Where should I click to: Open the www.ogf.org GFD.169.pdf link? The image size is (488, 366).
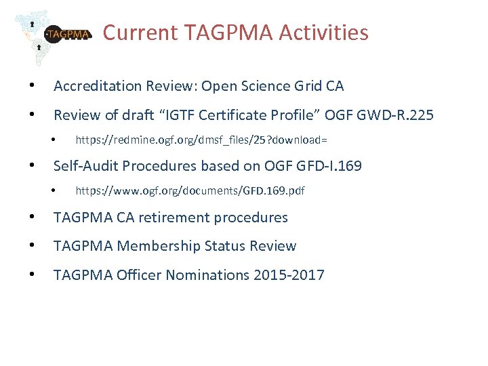(190, 191)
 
